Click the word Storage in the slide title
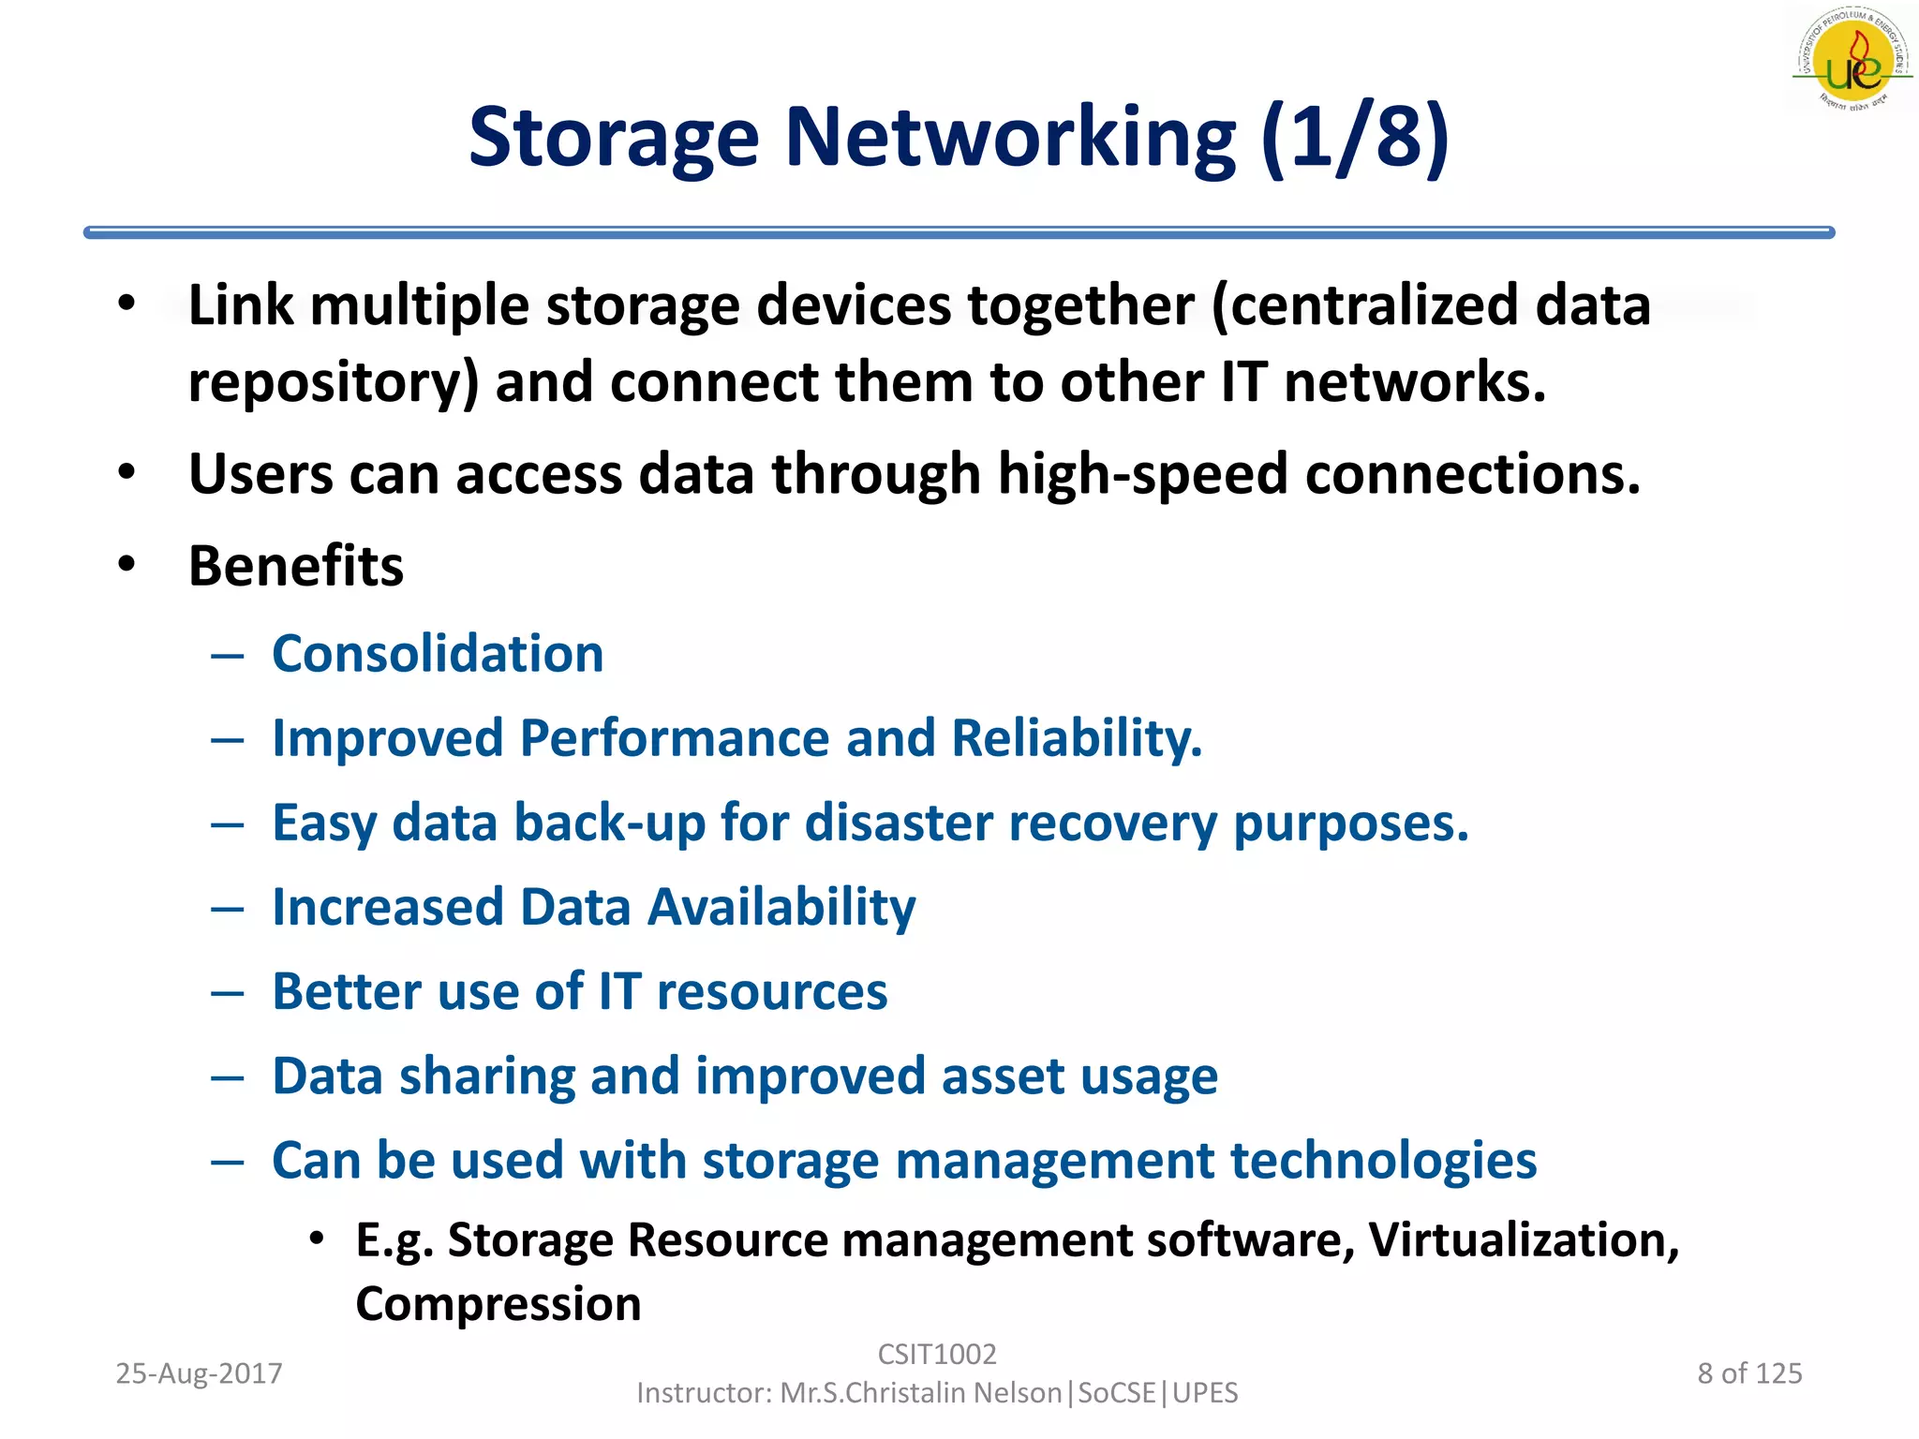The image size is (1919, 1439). click(x=613, y=138)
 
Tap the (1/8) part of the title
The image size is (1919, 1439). click(x=1355, y=138)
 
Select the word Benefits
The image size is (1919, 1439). click(x=296, y=566)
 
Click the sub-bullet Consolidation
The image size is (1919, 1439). click(x=438, y=653)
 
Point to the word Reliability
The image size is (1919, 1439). click(x=1077, y=738)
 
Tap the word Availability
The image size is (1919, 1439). click(x=781, y=908)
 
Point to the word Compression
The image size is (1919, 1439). click(x=498, y=1304)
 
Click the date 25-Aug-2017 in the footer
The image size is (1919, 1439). click(x=199, y=1373)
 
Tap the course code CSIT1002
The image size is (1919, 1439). click(x=937, y=1354)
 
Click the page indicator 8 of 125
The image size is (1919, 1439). click(x=1749, y=1373)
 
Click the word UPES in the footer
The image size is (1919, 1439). click(x=1205, y=1393)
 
